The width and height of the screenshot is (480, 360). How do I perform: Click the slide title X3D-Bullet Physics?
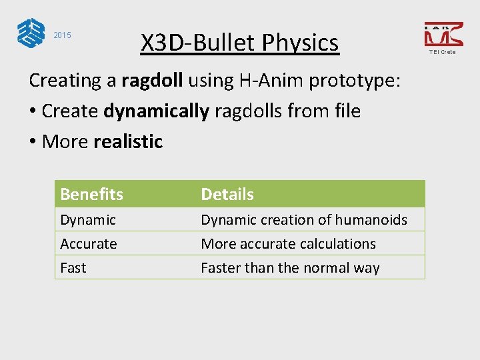pyautogui.click(x=239, y=43)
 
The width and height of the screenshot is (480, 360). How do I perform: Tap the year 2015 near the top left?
pyautogui.click(x=62, y=35)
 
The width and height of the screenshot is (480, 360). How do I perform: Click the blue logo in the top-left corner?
pyautogui.click(x=31, y=33)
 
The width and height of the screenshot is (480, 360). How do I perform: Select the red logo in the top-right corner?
pyautogui.click(x=443, y=34)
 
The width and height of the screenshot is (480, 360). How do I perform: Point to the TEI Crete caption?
pyautogui.click(x=443, y=52)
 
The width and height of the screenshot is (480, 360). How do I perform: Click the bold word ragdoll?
pyautogui.click(x=152, y=81)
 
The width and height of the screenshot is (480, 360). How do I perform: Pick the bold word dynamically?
pyautogui.click(x=156, y=111)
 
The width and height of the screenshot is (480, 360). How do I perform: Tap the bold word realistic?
pyautogui.click(x=128, y=141)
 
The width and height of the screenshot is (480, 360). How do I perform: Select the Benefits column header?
pyautogui.click(x=91, y=194)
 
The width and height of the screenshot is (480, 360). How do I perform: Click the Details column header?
pyautogui.click(x=227, y=194)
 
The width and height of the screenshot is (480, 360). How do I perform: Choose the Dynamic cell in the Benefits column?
pyautogui.click(x=88, y=219)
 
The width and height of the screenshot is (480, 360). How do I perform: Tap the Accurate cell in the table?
pyautogui.click(x=89, y=243)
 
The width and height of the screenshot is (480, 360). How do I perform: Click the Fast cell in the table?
pyautogui.click(x=73, y=267)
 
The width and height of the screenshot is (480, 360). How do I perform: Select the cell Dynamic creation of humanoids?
pyautogui.click(x=303, y=219)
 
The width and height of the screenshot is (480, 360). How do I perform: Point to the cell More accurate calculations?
pyautogui.click(x=288, y=243)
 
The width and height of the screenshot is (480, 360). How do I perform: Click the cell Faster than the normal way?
pyautogui.click(x=290, y=267)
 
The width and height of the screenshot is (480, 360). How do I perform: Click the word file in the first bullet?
pyautogui.click(x=344, y=111)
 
